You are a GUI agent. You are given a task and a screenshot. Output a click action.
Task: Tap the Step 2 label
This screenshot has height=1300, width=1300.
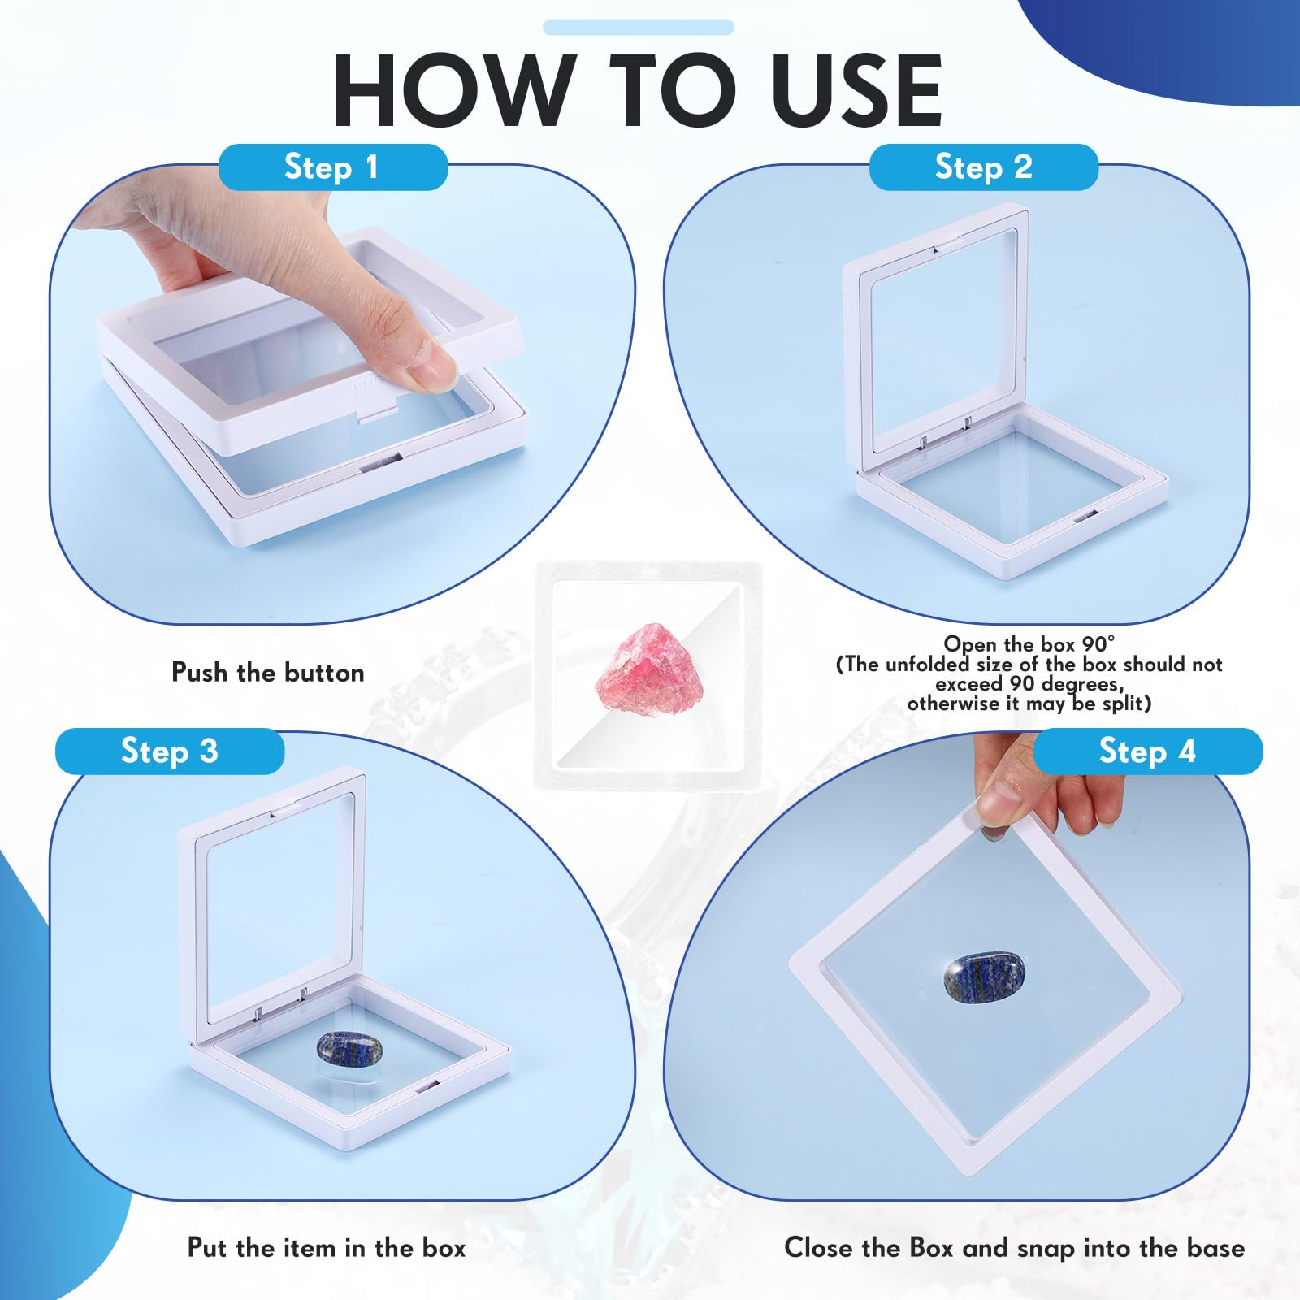click(x=984, y=167)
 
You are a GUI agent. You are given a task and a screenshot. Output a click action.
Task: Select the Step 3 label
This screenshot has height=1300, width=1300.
click(x=170, y=752)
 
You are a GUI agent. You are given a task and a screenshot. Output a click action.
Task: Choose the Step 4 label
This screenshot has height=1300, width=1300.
click(x=1147, y=752)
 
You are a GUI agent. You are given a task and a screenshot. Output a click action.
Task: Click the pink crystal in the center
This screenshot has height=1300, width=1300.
click(x=642, y=668)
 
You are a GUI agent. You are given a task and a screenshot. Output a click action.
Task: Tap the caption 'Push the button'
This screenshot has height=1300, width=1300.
click(x=268, y=673)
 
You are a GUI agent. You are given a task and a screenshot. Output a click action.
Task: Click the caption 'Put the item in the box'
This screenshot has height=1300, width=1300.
click(x=327, y=1248)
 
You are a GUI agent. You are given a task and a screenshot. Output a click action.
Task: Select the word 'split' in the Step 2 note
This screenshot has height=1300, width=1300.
click(x=1124, y=704)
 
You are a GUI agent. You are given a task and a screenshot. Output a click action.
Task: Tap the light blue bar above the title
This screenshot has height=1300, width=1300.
click(x=639, y=28)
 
